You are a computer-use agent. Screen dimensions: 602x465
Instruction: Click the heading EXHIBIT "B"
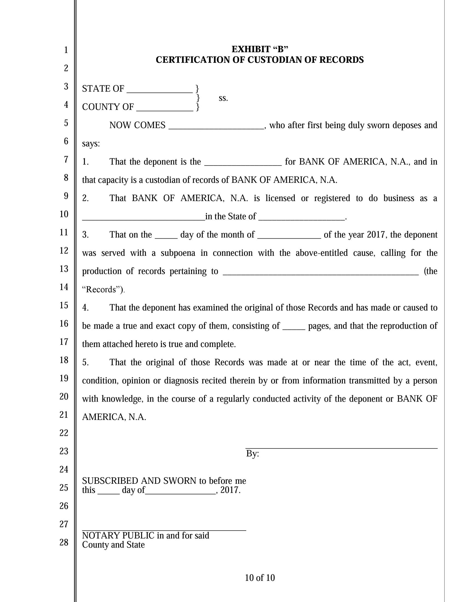pyautogui.click(x=260, y=49)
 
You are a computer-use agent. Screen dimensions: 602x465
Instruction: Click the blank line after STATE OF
pyautogui.click(x=159, y=90)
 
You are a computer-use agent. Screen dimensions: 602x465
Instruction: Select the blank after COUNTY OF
pyautogui.click(x=165, y=109)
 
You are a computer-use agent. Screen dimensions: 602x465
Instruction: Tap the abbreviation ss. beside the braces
pyautogui.click(x=223, y=98)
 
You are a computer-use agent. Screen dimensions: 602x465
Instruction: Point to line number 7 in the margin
pyautogui.click(x=66, y=159)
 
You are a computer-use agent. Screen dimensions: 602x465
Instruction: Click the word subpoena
pyautogui.click(x=178, y=253)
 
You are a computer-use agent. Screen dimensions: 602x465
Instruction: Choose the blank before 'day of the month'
pyautogui.click(x=166, y=236)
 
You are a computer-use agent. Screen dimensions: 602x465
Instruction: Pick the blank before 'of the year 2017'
pyautogui.click(x=289, y=236)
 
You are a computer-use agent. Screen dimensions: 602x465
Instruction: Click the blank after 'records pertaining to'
pyautogui.click(x=320, y=273)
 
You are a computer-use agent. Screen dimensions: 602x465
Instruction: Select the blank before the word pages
pyautogui.click(x=294, y=328)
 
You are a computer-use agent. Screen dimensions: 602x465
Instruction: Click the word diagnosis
pyautogui.click(x=181, y=381)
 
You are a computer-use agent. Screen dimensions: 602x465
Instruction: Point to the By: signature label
pyautogui.click(x=252, y=454)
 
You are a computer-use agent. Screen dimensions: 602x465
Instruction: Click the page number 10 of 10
pyautogui.click(x=260, y=578)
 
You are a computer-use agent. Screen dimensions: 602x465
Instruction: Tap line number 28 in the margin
pyautogui.click(x=64, y=542)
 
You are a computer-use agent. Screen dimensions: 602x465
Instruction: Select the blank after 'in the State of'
pyautogui.click(x=301, y=218)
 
